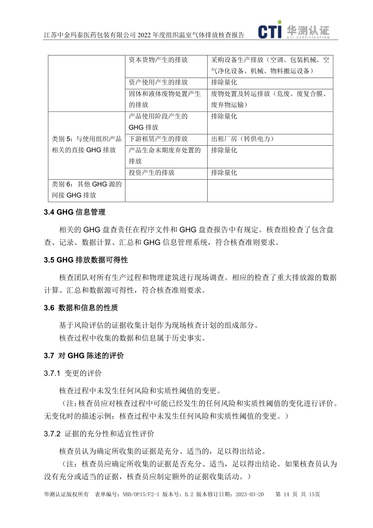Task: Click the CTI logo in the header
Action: tap(293, 31)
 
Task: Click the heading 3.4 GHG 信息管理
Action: tap(74, 213)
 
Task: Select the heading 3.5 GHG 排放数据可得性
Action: tap(85, 260)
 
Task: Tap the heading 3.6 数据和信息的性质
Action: tap(81, 308)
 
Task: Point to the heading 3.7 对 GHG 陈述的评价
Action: tap(84, 356)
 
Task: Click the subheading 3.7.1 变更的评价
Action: tap(72, 373)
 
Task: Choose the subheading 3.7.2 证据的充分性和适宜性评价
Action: tap(99, 433)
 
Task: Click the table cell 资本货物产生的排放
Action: tap(158, 60)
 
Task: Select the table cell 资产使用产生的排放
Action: tap(158, 82)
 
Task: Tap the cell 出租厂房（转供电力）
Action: tap(242, 139)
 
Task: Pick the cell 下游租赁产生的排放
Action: tap(158, 139)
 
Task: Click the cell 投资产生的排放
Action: tap(152, 173)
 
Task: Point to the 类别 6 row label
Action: tap(86, 189)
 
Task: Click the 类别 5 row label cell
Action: tap(86, 144)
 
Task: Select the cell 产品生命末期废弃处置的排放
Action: tap(164, 156)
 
